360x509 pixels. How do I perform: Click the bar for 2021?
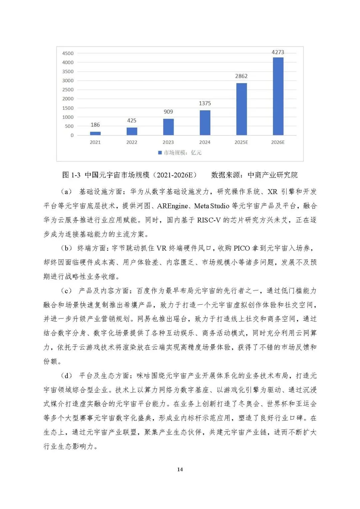pyautogui.click(x=95, y=133)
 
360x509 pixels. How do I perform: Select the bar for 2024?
pyautogui.click(x=205, y=123)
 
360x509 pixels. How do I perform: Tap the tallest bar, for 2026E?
pyautogui.click(x=278, y=96)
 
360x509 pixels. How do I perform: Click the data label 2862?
pyautogui.click(x=241, y=76)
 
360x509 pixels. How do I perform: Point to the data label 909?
pyautogui.click(x=168, y=112)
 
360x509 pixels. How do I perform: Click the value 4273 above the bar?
pyautogui.click(x=278, y=52)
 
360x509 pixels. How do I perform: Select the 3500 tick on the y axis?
pyautogui.click(x=68, y=72)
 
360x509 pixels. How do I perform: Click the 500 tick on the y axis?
pyautogui.click(x=69, y=126)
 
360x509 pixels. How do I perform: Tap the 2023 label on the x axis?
pyautogui.click(x=168, y=142)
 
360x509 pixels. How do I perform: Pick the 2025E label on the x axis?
pyautogui.click(x=241, y=142)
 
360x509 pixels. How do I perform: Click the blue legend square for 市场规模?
pyautogui.click(x=160, y=153)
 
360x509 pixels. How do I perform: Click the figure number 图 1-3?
pyautogui.click(x=71, y=175)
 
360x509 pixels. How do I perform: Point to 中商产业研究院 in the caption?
pyautogui.click(x=273, y=175)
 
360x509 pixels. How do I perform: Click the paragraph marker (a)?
pyautogui.click(x=66, y=192)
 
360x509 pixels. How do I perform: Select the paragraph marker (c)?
pyautogui.click(x=66, y=291)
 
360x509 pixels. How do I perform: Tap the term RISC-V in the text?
pyautogui.click(x=209, y=220)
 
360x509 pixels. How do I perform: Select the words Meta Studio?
pyautogui.click(x=212, y=206)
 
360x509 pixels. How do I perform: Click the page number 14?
pyautogui.click(x=180, y=469)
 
